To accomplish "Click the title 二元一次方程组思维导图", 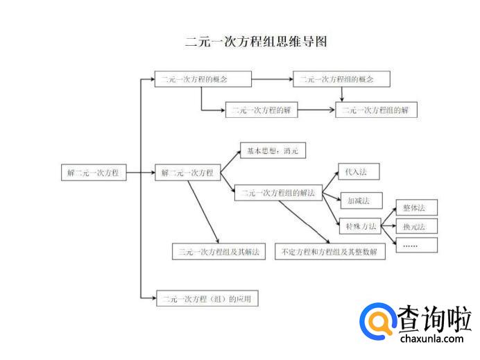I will (x=256, y=42).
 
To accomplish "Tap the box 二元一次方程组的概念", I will (x=341, y=79).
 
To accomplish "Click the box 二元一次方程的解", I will (x=262, y=110).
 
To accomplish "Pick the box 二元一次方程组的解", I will (x=377, y=110).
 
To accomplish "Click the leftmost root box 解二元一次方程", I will (x=94, y=173).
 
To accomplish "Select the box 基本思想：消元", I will (x=273, y=151).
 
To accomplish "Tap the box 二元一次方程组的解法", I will (x=278, y=193).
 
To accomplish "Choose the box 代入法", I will (x=358, y=171).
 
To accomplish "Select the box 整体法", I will (x=415, y=207).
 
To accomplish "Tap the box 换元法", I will (x=415, y=226).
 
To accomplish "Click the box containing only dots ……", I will (x=415, y=245).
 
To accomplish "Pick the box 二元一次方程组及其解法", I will (x=219, y=251).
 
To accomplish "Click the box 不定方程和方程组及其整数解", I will (x=329, y=251).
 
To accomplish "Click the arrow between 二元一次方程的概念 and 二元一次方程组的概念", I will (x=272, y=79).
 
